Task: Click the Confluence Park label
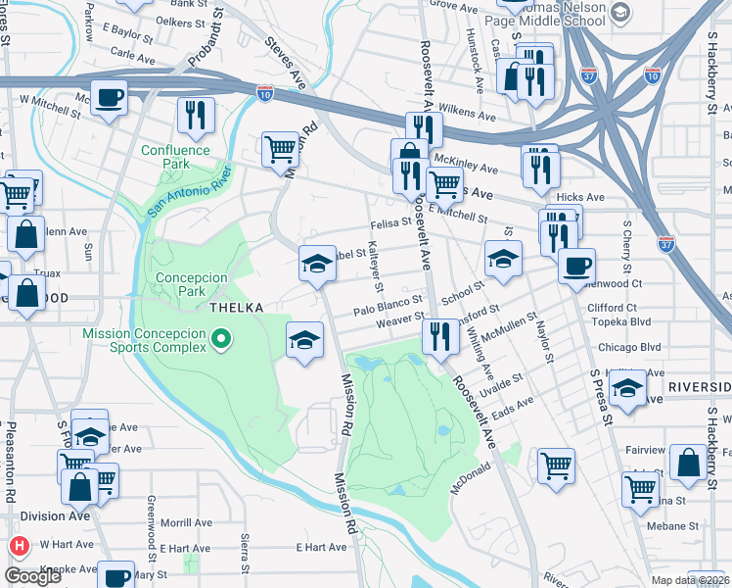(175, 157)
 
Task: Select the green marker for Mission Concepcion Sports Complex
(222, 340)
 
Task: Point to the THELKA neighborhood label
(236, 308)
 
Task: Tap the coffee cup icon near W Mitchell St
(111, 98)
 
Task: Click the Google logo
(33, 576)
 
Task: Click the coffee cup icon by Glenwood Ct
(576, 264)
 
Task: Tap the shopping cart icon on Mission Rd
(281, 149)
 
